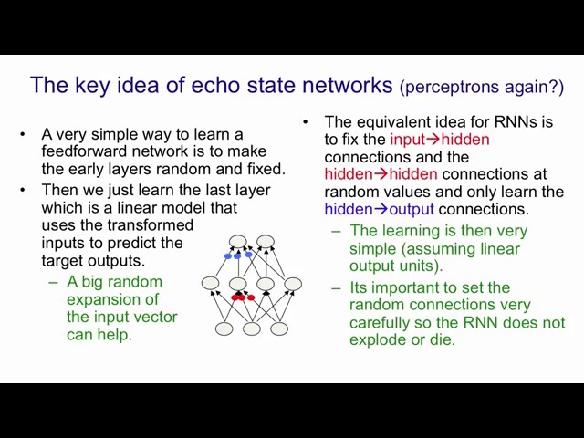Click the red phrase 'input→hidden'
pos(440,140)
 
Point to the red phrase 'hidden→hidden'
pos(381,174)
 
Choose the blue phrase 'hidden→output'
pos(380,209)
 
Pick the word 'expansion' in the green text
pos(112,300)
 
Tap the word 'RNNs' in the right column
pos(515,121)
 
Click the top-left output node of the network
pos(238,241)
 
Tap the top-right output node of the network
pos(266,241)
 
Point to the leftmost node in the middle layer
pos(211,283)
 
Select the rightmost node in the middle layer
pos(293,284)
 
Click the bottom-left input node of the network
pos(224,328)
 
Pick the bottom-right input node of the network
pos(279,328)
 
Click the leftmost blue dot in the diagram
pos(228,256)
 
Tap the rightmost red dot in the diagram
pos(251,297)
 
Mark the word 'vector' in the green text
pos(156,318)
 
